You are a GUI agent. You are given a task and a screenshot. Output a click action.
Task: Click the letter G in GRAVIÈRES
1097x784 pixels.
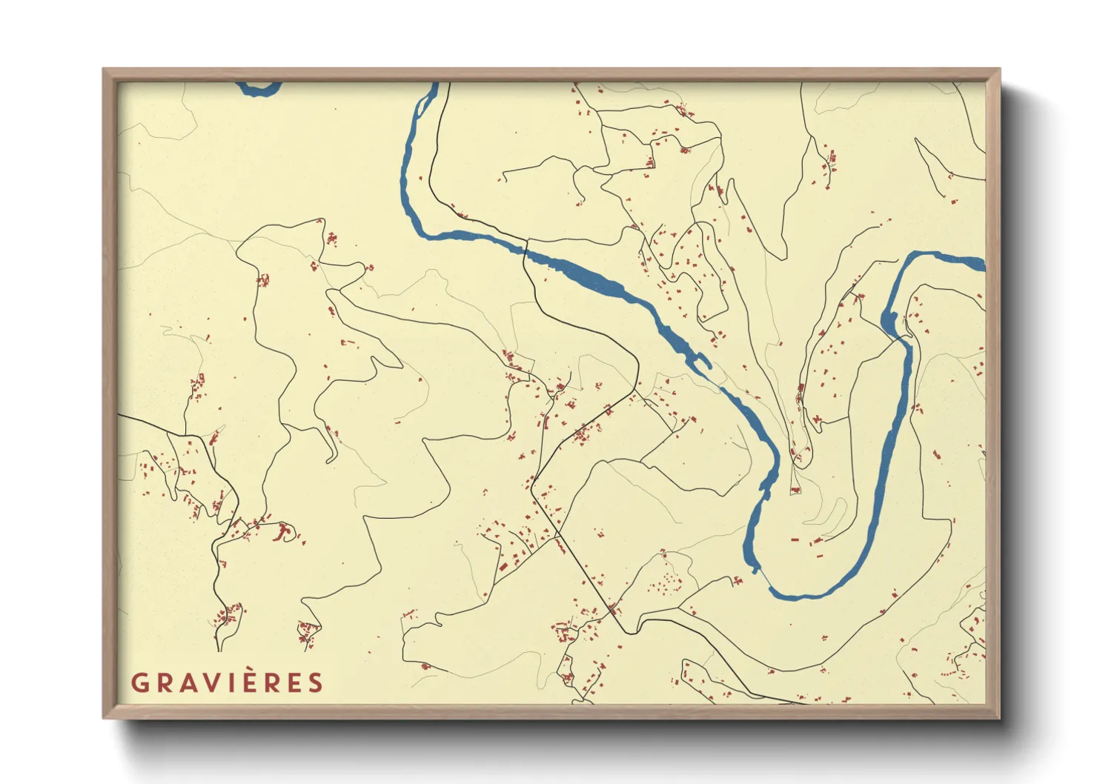tap(139, 682)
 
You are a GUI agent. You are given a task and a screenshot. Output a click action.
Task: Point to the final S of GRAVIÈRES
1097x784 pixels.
tap(316, 682)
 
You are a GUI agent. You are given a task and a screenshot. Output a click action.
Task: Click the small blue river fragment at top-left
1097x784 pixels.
tap(259, 89)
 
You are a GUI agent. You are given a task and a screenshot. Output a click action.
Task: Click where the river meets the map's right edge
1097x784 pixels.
tap(980, 262)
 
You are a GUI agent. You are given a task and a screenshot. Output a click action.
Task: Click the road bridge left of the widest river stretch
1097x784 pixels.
tap(526, 248)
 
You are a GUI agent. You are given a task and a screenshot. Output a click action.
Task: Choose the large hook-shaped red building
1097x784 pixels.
tap(282, 531)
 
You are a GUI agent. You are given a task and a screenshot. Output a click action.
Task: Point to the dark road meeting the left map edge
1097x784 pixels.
tap(121, 416)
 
